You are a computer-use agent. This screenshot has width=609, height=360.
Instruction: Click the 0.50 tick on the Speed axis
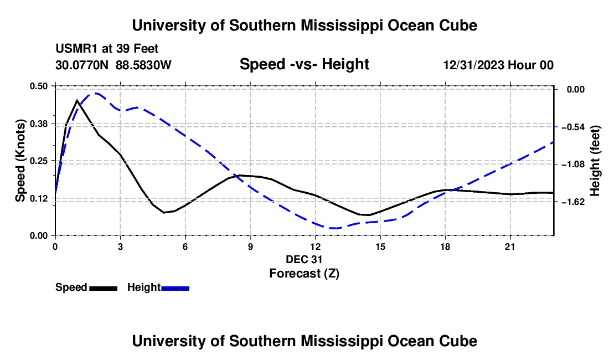38,86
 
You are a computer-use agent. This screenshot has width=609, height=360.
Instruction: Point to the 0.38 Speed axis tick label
38,124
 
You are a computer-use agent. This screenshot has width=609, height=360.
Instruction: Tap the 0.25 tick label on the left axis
38,161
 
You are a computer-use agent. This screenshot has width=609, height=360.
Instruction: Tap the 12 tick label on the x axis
316,246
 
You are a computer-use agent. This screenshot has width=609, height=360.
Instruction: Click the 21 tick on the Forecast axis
510,246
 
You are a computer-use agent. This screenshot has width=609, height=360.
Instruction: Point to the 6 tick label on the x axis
185,246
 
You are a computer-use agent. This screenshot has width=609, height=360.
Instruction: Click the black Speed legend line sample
104,288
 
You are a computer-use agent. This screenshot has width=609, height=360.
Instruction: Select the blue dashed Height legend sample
175,288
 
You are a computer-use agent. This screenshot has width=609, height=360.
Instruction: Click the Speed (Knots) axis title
20,161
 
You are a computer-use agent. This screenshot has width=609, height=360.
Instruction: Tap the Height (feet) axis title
595,161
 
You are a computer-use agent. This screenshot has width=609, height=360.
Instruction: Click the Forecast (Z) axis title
304,273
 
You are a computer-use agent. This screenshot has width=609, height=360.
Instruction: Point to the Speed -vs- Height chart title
304,64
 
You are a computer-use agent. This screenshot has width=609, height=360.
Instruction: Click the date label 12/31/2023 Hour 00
498,65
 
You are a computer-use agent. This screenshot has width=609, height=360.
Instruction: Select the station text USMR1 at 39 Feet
107,49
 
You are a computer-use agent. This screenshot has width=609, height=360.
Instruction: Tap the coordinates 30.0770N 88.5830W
113,65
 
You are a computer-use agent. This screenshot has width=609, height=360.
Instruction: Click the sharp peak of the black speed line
78,101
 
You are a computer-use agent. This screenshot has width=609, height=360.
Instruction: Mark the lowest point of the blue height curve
334,228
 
